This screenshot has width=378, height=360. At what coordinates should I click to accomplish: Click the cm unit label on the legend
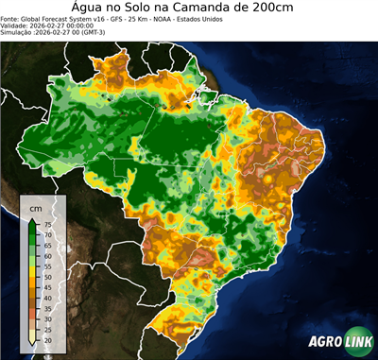point(35,207)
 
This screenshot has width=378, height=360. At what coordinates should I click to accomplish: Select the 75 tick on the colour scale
point(47,224)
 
